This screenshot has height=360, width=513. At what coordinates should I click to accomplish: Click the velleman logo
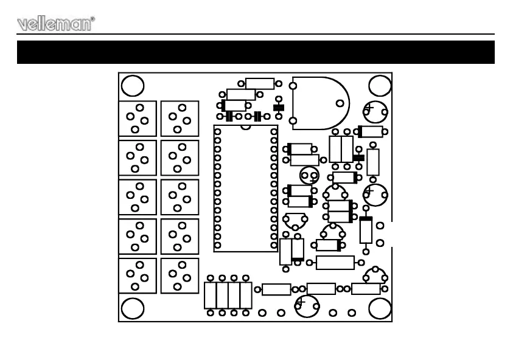(x=54, y=24)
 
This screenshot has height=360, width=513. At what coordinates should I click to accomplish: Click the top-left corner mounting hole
(x=132, y=86)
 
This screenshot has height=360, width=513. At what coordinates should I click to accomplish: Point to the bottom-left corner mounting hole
(x=132, y=308)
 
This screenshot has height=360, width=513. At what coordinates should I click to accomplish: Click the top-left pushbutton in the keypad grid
(x=138, y=119)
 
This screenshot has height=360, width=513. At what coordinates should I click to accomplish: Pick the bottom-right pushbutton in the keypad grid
(x=180, y=276)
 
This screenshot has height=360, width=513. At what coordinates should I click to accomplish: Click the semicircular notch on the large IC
(x=245, y=127)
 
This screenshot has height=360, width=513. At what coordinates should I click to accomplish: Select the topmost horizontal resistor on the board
(x=260, y=83)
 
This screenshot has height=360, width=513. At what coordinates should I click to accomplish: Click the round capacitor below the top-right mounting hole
(x=375, y=111)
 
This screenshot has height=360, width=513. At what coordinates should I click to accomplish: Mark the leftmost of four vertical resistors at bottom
(x=210, y=294)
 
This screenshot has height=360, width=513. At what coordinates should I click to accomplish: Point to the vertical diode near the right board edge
(x=366, y=229)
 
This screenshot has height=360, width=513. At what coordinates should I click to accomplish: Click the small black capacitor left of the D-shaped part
(x=279, y=108)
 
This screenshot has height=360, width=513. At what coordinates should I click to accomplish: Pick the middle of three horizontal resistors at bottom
(x=321, y=289)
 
